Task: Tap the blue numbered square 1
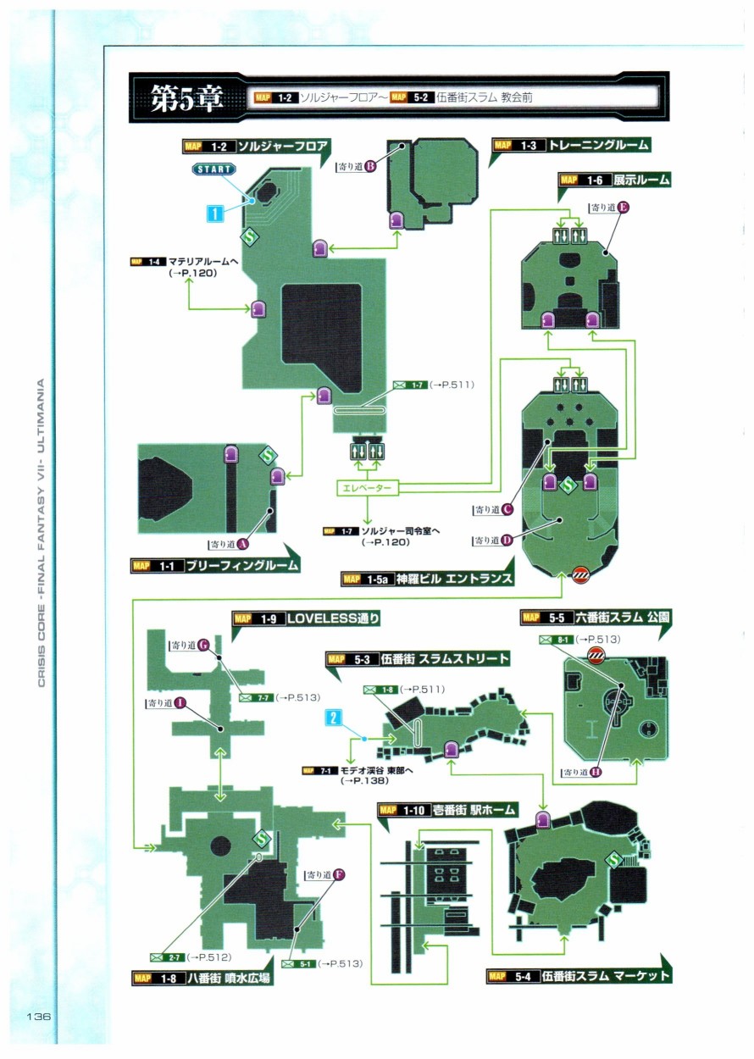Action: [216, 212]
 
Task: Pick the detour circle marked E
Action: [624, 206]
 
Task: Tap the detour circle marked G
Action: [203, 645]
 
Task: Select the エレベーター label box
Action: [366, 489]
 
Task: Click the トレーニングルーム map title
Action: [597, 145]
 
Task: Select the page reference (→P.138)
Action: [364, 780]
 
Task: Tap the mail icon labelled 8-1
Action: [546, 639]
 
